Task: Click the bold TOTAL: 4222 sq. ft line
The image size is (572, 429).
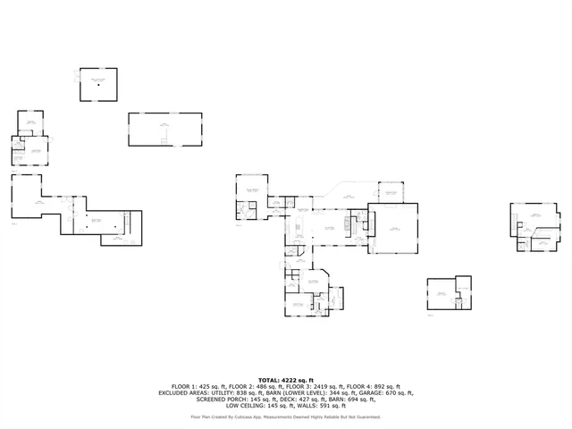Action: (286, 380)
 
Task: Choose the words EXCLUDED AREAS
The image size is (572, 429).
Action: (182, 392)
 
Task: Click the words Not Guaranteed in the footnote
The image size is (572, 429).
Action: (365, 416)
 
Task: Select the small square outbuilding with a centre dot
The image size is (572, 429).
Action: (98, 84)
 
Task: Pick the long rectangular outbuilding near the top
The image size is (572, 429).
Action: (164, 129)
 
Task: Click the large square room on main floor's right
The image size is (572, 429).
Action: (393, 228)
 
